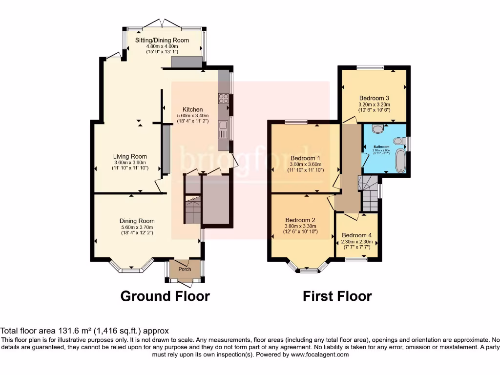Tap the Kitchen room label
coord(192,109)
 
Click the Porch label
coord(185,269)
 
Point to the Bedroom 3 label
coord(374,98)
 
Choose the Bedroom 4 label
coord(357,235)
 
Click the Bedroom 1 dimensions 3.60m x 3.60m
coord(305,164)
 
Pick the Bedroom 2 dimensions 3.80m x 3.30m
coord(301,226)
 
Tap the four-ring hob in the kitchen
coord(224,99)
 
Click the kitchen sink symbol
coord(224,131)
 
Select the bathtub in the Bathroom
coord(400,162)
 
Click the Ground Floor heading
coord(165,296)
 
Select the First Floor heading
coord(337,296)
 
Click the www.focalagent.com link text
coord(320,354)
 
